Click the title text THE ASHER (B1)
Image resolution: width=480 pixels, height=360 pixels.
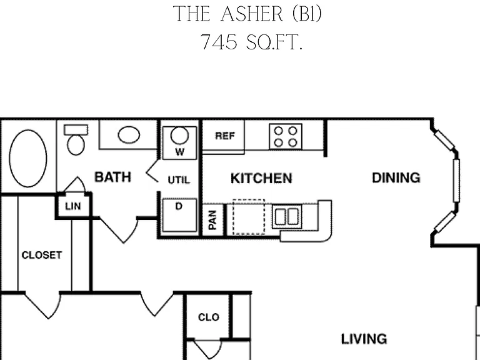coord(247,14)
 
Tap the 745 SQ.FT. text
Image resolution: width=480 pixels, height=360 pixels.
coord(252,42)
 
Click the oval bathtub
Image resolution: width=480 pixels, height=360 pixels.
coord(28,158)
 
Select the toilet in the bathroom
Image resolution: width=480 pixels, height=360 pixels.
coord(76,139)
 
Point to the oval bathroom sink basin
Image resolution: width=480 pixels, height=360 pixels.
coord(129,135)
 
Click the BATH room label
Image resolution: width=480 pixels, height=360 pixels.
coord(112,177)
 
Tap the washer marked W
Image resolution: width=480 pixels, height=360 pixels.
coord(180,142)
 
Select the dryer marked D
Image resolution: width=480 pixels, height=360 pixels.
coord(180,215)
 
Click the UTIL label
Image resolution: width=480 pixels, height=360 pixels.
coord(179,180)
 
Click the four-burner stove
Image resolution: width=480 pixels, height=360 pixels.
coord(286,136)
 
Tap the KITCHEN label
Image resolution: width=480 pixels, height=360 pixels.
coord(261,179)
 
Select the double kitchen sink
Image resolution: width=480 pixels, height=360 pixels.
coord(287,217)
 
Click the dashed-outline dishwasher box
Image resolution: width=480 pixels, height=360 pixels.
coord(249,217)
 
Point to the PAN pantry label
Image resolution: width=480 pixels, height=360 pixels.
coord(212,220)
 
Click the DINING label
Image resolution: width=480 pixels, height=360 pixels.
coord(396,178)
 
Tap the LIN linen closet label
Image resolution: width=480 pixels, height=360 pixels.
coord(73,206)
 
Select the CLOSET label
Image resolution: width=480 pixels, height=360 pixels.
coord(42,255)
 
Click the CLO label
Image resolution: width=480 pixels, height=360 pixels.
coord(209,317)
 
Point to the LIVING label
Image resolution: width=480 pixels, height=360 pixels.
coord(364,339)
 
